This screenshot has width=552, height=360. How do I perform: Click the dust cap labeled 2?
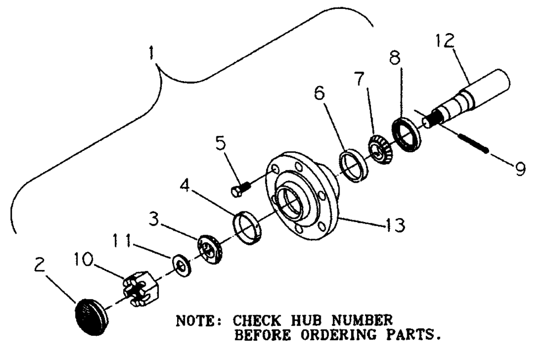90,316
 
